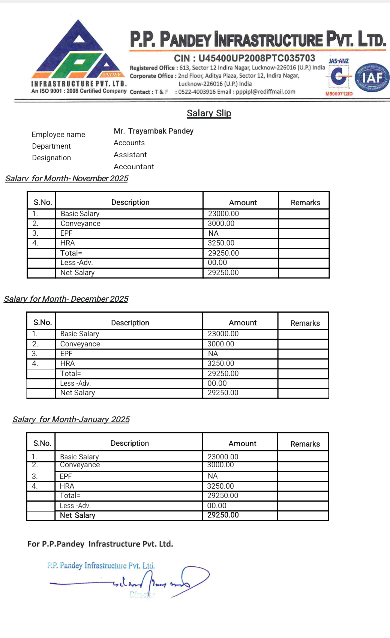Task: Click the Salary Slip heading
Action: click(x=209, y=113)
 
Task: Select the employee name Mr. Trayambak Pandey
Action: click(x=153, y=131)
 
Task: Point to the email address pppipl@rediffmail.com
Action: click(x=265, y=92)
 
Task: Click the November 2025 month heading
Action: click(x=67, y=179)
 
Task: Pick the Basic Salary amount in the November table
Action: click(x=223, y=214)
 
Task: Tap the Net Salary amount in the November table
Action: click(x=223, y=273)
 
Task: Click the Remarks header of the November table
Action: click(x=305, y=203)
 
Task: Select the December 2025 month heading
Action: click(x=66, y=299)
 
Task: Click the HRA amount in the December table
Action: click(x=221, y=364)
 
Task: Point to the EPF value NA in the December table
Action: click(x=213, y=354)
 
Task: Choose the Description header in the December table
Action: click(x=130, y=323)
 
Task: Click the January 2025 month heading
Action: click(x=71, y=420)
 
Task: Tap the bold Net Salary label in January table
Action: click(x=78, y=516)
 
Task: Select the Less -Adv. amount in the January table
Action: click(x=217, y=506)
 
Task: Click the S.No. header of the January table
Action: click(x=42, y=443)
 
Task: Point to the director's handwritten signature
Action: click(x=157, y=582)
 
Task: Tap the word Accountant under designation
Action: click(x=134, y=167)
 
